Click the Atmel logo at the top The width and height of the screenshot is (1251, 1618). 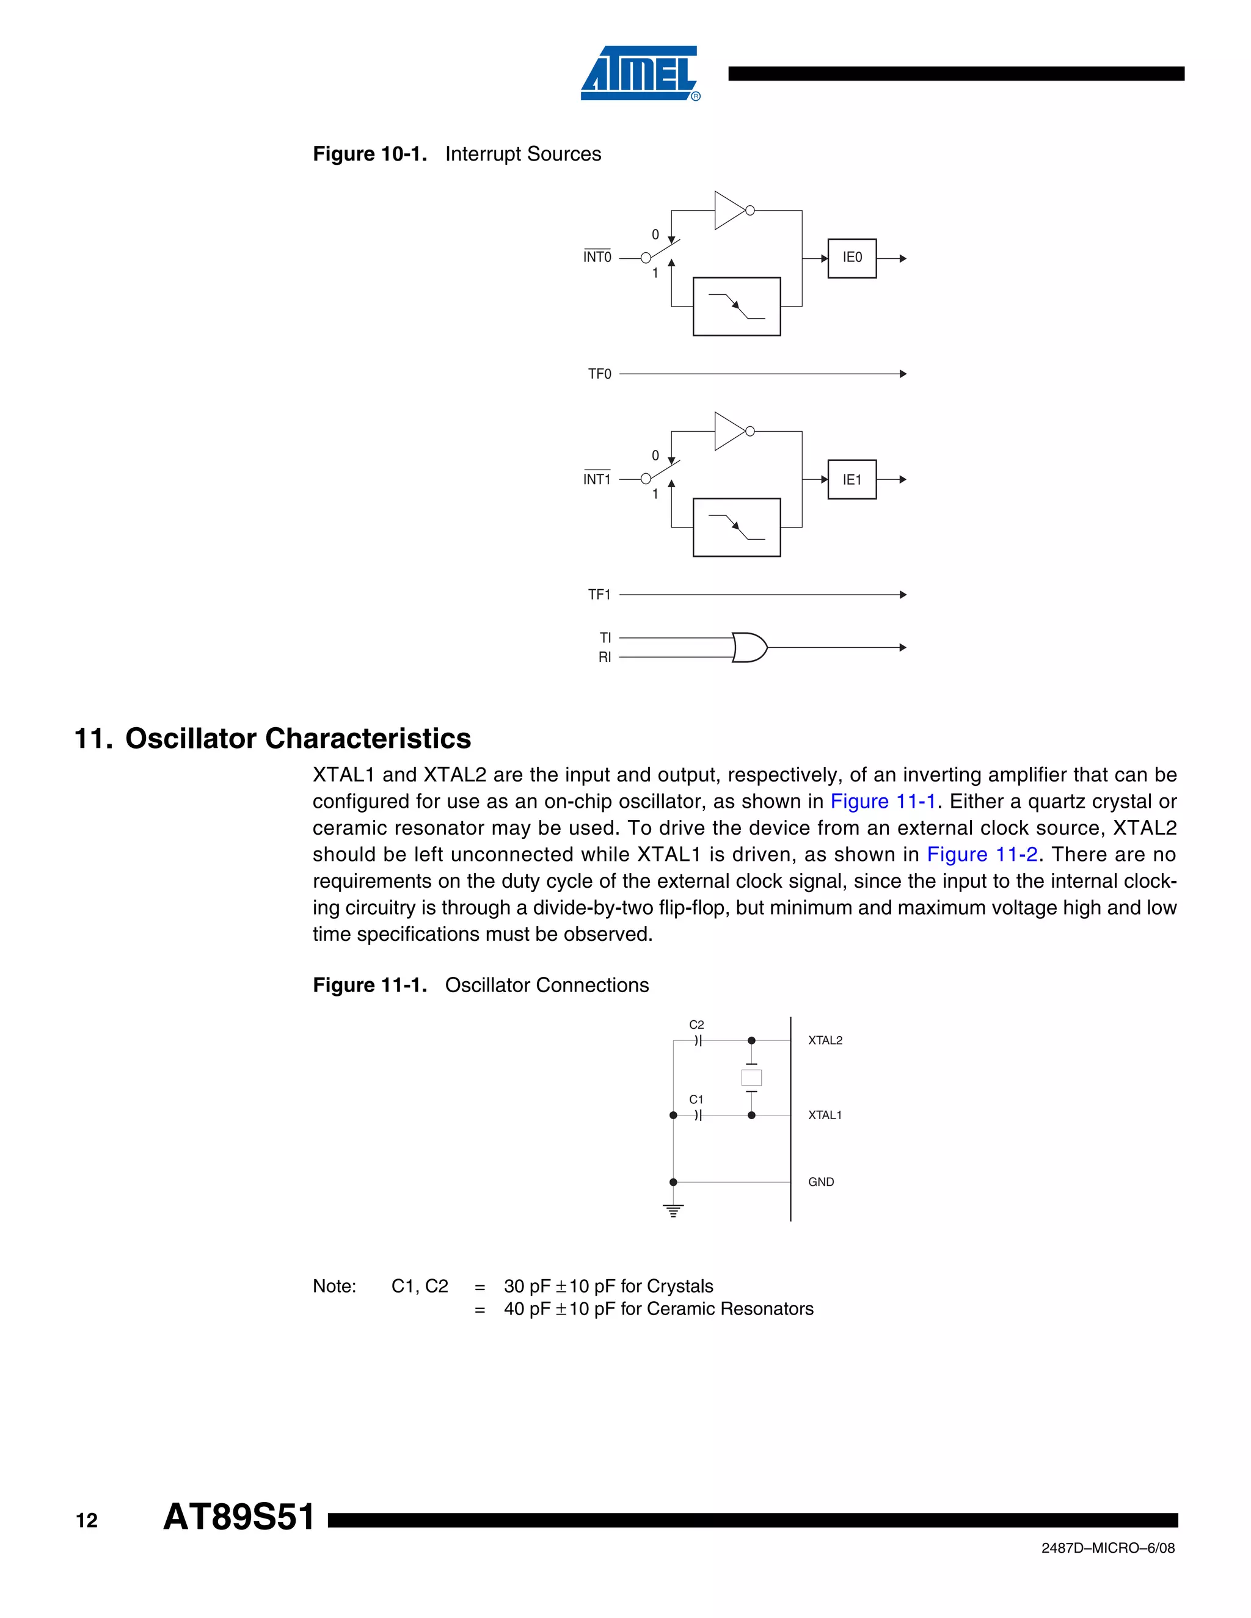pos(640,73)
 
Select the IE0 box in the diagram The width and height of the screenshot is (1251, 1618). pos(852,258)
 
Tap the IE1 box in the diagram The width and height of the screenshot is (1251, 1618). pos(852,479)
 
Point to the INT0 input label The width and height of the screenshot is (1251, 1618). pos(597,257)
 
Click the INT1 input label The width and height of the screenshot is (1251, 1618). pos(597,479)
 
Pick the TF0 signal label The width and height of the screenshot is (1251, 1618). pos(600,374)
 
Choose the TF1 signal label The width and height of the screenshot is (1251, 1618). pos(600,594)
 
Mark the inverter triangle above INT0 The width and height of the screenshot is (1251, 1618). pos(730,211)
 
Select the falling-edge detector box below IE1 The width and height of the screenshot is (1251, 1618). pos(736,527)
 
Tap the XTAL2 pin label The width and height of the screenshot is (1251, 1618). pos(825,1040)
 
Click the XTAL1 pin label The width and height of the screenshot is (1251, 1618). pos(825,1115)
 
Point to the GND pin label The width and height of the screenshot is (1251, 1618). pos(820,1181)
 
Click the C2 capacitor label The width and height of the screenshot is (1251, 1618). pos(696,1025)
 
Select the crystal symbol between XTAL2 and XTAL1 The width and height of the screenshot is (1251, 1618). pos(751,1077)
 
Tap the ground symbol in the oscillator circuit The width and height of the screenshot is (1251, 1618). pos(673,1211)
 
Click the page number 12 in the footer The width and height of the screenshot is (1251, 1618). pos(87,1520)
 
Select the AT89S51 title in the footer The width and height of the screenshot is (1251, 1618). pos(239,1517)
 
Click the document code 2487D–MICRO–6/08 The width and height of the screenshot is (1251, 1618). pos(1107,1548)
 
